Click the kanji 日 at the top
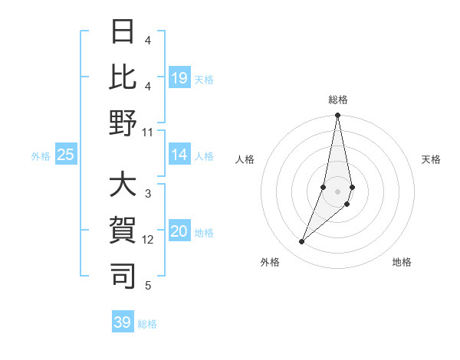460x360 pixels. coord(123,33)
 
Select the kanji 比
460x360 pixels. coord(123,78)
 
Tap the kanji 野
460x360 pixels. coord(123,123)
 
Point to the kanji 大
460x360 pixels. coord(123,185)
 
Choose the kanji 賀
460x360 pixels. coord(123,231)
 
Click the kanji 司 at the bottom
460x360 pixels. coord(123,276)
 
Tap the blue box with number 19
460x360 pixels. coord(179,77)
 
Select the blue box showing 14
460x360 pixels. coord(179,155)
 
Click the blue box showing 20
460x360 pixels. coord(179,231)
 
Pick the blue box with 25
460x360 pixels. coord(66,155)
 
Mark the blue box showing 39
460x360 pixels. coord(123,322)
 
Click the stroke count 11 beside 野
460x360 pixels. coord(148,132)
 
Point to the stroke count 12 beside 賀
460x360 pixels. coord(148,240)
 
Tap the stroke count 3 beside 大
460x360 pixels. coord(148,194)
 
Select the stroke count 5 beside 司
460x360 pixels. coord(148,286)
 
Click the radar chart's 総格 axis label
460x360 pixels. coord(337,100)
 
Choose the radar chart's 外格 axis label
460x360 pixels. coord(270,262)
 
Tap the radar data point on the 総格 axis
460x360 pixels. coord(337,116)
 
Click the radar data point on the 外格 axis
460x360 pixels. coord(302,242)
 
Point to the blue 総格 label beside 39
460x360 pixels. coord(147,324)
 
